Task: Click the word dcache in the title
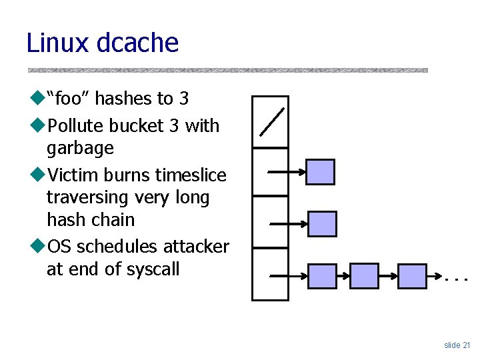[x=138, y=43]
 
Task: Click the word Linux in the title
[x=58, y=43]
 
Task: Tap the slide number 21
[x=465, y=345]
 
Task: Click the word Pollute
[x=73, y=125]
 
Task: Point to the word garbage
[x=80, y=148]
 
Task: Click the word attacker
[x=196, y=247]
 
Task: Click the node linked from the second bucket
[x=320, y=172]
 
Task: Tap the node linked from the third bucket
[x=323, y=224]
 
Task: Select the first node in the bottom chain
[x=323, y=275]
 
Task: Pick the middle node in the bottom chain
[x=364, y=275]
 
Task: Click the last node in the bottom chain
[x=412, y=275]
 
